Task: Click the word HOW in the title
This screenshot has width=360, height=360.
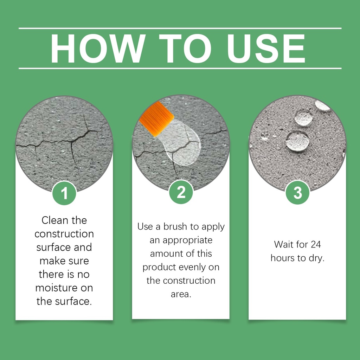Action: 98,49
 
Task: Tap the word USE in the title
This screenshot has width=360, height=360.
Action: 266,49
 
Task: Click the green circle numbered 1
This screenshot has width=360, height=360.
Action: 64,193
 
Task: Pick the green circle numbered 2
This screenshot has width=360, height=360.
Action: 181,192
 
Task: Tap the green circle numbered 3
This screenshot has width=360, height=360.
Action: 297,192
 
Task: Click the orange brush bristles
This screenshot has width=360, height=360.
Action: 156,119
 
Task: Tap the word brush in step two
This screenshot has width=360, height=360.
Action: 175,227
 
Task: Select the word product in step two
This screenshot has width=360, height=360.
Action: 159,268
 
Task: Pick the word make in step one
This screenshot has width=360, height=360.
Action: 51,261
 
